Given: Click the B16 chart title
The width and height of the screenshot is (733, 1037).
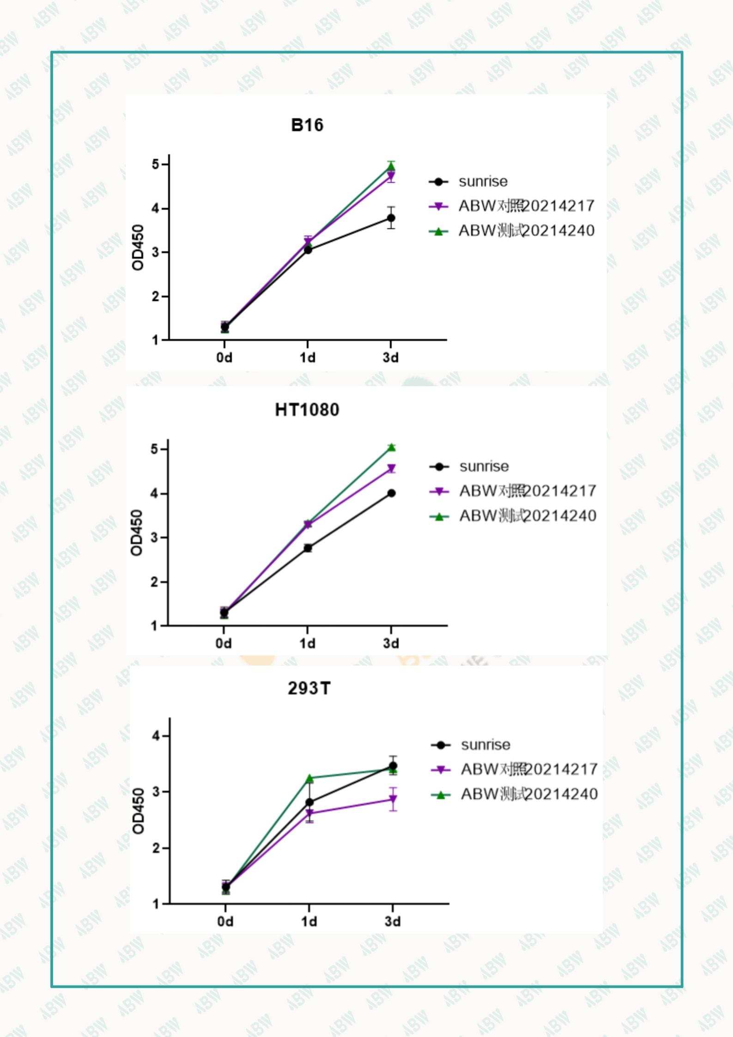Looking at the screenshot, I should click(x=307, y=125).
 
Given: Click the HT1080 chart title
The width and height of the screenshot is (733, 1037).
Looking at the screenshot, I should click(x=307, y=410).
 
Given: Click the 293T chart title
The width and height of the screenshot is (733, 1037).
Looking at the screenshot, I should click(x=309, y=689).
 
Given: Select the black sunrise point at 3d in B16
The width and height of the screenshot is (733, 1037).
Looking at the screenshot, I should click(x=391, y=218).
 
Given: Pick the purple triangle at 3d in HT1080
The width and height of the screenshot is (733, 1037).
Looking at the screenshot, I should click(x=391, y=469).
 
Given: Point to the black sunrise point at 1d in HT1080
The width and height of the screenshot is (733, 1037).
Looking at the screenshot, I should click(x=308, y=548).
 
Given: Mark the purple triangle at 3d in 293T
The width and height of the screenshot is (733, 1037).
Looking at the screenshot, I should click(x=393, y=800).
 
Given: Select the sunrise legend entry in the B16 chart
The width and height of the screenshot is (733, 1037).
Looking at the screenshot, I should click(x=483, y=182).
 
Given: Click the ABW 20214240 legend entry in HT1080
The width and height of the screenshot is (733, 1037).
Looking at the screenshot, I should click(x=527, y=516).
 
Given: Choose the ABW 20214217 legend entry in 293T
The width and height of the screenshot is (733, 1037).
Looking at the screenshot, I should click(x=529, y=770).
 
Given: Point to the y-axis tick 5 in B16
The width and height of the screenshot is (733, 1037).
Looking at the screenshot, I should click(x=155, y=165).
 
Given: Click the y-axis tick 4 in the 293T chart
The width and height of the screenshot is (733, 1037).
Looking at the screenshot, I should click(x=156, y=736).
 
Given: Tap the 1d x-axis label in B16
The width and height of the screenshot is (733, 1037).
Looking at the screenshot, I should click(x=308, y=358).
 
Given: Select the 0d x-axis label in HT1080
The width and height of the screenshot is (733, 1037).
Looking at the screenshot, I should click(x=224, y=643).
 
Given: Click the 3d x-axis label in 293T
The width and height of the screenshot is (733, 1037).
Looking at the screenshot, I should click(x=393, y=922).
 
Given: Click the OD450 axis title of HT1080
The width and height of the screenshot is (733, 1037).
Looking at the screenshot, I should click(x=137, y=533).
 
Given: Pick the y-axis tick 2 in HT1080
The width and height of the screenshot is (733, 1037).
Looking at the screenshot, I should click(x=154, y=582).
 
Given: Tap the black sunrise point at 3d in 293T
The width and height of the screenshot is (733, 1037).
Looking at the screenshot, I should click(x=393, y=766).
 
